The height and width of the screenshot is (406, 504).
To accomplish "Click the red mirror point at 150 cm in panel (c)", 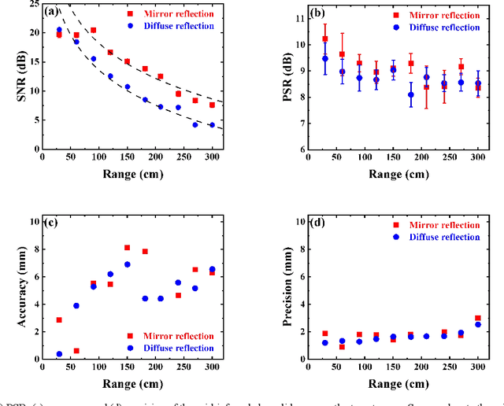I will click(127, 247).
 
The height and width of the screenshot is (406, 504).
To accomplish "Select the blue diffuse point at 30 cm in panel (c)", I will click(59, 354).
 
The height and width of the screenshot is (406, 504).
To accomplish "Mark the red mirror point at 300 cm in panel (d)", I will click(478, 318).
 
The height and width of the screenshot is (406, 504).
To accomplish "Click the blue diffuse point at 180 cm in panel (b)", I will click(410, 94).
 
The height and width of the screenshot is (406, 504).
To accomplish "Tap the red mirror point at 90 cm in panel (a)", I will click(93, 30).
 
